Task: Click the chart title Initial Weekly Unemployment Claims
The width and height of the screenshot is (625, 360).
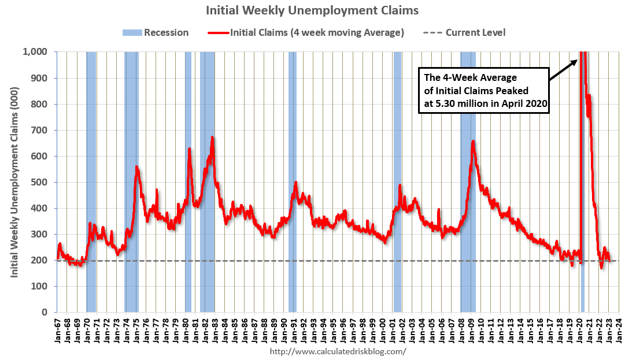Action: click(x=312, y=10)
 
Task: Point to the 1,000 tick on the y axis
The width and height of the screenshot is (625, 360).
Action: click(x=35, y=52)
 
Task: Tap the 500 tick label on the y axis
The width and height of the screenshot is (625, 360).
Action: click(x=40, y=182)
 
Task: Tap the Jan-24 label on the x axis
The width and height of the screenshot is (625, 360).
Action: click(x=618, y=331)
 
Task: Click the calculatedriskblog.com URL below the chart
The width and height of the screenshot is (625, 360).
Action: click(x=338, y=351)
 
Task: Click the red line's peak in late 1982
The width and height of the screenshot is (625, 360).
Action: click(x=213, y=138)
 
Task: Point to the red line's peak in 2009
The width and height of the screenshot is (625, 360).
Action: click(x=473, y=141)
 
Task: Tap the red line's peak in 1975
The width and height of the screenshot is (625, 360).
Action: click(x=136, y=167)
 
